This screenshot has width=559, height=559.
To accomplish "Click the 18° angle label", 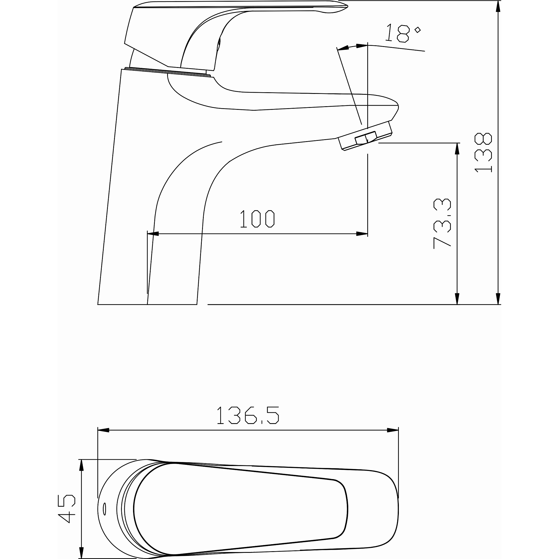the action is coord(403,33).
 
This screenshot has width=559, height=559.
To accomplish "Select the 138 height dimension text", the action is coord(483,153).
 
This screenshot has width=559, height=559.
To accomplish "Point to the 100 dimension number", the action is coord(257,219).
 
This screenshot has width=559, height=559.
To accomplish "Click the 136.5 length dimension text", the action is coord(248,415).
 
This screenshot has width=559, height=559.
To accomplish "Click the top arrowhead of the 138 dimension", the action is coord(498,6).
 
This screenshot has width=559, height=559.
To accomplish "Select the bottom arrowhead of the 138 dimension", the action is coord(498,298).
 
